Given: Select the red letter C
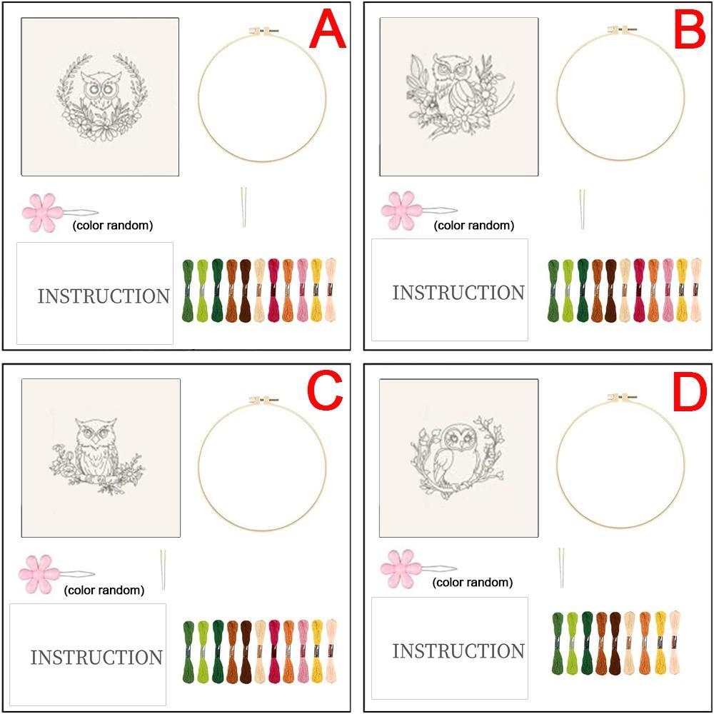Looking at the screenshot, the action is pos(325,391).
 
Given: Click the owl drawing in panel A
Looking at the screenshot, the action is pos(102,97).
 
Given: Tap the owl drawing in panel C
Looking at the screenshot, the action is pos(95,456).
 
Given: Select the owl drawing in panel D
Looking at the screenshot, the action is pos(457,457).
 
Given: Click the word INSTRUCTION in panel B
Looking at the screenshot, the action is pos(458,293).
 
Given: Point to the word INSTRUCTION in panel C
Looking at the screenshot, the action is pos(96,658).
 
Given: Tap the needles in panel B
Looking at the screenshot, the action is pos(582,209).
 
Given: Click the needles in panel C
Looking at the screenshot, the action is pos(163,570).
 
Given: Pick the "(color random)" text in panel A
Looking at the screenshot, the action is pos(113,226).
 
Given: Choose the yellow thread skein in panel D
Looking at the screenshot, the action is pos(660,643).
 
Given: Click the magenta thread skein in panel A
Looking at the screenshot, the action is pos(273,290).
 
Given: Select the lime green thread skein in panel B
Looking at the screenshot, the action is pos(568,291).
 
